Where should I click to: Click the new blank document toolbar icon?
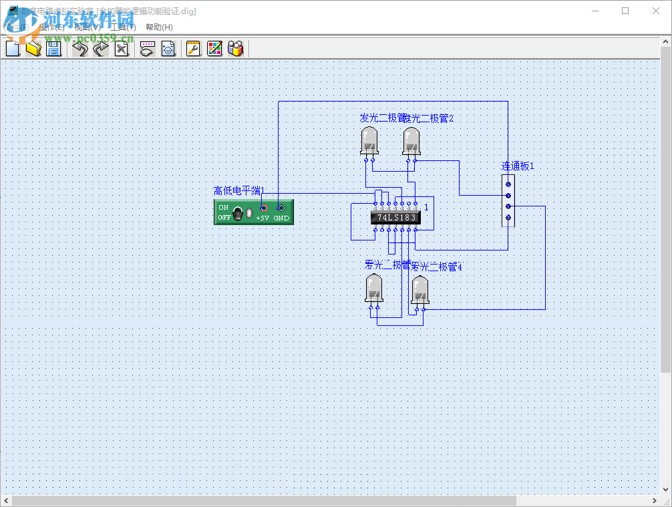(x=13, y=48)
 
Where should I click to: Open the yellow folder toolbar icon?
(x=33, y=48)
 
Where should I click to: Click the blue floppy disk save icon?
(x=53, y=48)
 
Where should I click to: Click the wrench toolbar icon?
(x=193, y=48)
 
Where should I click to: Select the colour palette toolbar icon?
(x=214, y=48)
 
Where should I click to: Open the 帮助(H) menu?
(x=159, y=27)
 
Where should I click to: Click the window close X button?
(x=656, y=11)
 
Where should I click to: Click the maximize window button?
(x=625, y=11)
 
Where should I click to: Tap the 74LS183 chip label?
(x=395, y=217)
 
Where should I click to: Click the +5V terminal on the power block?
(x=264, y=208)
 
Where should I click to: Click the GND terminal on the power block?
(x=281, y=208)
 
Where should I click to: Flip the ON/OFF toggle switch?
(x=238, y=213)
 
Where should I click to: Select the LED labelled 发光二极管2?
(x=411, y=141)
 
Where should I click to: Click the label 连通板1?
(x=518, y=166)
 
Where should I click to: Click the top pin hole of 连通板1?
(x=508, y=184)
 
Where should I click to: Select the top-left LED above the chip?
(x=369, y=141)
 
